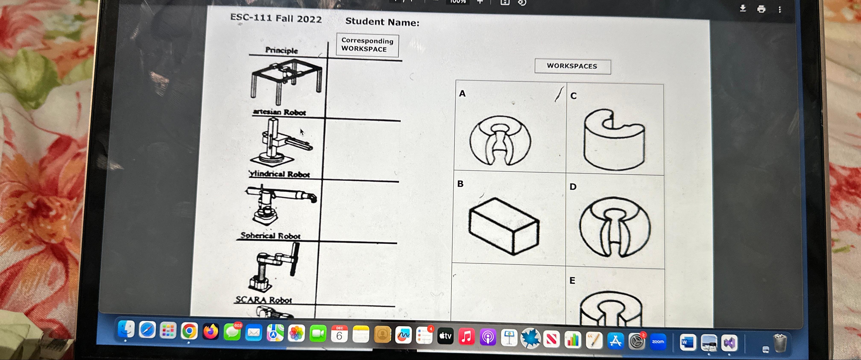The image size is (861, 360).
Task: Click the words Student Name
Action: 382,22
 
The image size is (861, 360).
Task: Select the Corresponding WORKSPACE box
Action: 367,45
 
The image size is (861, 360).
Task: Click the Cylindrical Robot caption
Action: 280,174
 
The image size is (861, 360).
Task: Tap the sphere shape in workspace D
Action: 615,227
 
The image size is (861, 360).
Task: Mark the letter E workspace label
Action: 572,281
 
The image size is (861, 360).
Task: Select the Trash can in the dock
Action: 780,343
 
